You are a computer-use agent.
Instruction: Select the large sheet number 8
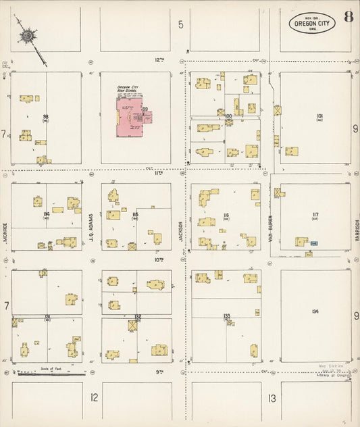click(347, 18)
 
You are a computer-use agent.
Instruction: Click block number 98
click(45, 117)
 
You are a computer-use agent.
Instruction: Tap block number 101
click(319, 116)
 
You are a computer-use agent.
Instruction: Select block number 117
click(315, 215)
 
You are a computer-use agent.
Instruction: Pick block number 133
click(227, 316)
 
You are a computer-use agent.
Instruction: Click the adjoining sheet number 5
click(181, 25)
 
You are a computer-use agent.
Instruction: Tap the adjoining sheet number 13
click(272, 398)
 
